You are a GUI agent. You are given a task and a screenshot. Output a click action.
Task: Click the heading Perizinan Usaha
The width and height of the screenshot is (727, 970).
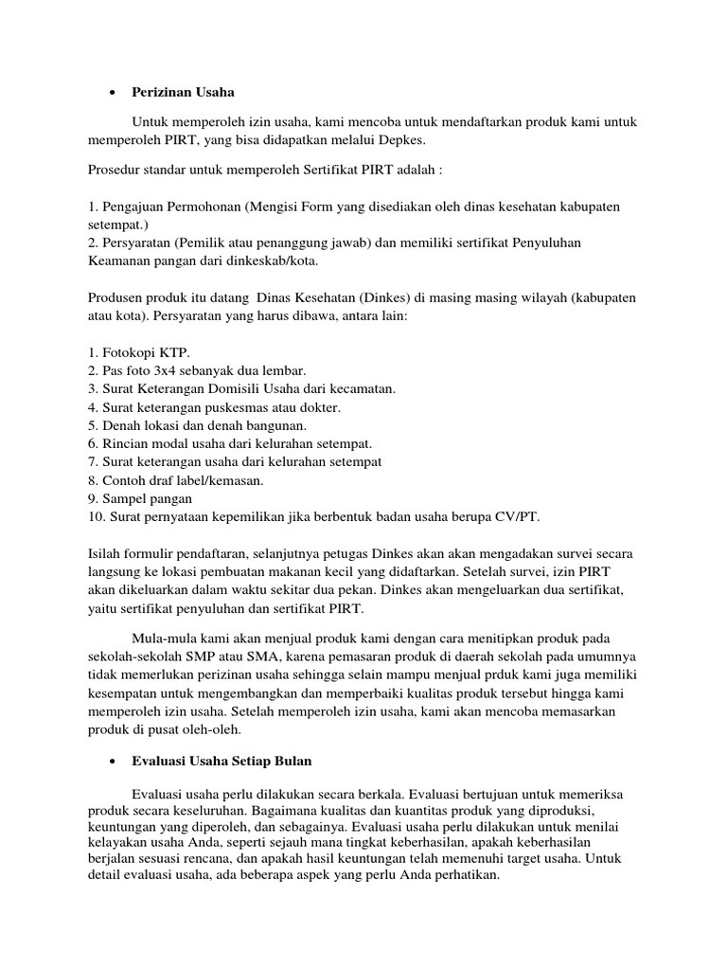pyautogui.click(x=183, y=93)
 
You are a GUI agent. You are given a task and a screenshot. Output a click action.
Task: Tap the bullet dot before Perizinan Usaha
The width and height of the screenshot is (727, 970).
pyautogui.click(x=113, y=93)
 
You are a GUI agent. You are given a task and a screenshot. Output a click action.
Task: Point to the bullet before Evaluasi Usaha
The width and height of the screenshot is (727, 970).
pyautogui.click(x=113, y=761)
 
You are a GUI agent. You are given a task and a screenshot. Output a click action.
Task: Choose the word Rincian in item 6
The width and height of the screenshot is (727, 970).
pyautogui.click(x=128, y=442)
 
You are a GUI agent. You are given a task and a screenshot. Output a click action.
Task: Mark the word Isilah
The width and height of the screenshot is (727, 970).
pyautogui.click(x=107, y=553)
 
